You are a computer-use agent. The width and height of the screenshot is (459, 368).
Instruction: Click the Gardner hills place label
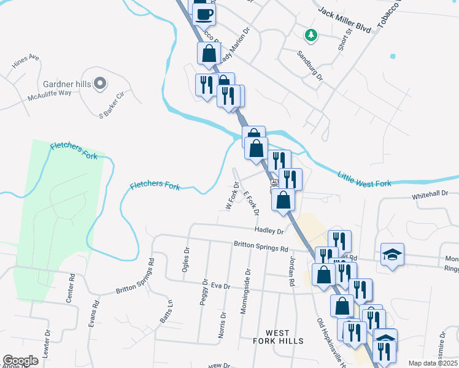(x=67, y=83)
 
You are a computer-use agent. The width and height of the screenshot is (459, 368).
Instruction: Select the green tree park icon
(x=312, y=35)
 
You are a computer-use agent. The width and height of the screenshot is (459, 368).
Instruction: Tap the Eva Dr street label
(x=220, y=286)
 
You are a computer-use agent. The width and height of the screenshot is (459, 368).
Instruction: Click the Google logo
(x=20, y=361)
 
